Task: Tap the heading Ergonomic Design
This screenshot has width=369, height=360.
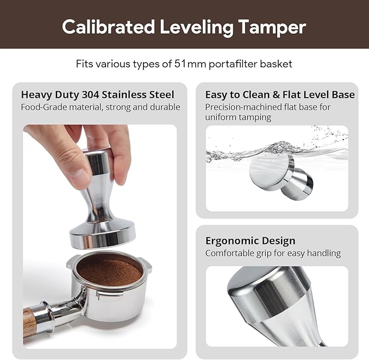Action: [x=250, y=241]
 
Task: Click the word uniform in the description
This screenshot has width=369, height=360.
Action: [x=220, y=117]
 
